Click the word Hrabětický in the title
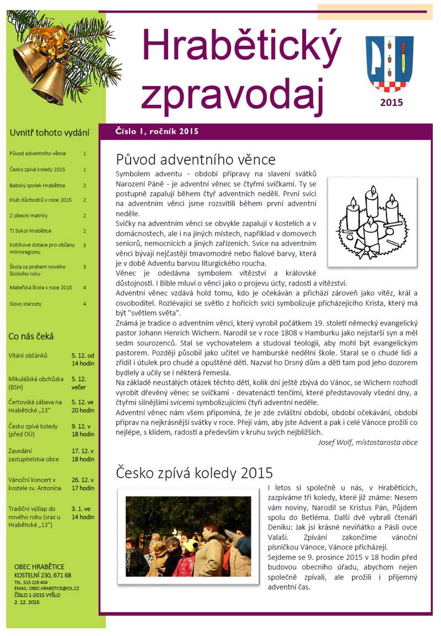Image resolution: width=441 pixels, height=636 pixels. (241, 45)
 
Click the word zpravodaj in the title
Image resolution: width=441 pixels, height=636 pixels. (232, 89)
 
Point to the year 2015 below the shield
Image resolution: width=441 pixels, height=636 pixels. (391, 103)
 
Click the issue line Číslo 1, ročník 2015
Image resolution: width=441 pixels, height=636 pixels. (157, 131)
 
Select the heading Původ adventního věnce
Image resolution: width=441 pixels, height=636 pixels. (196, 159)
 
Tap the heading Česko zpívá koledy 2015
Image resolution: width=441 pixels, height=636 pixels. (195, 472)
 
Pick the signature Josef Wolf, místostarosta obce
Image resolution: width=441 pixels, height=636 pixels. (368, 442)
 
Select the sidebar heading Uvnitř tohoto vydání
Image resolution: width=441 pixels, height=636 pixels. (49, 132)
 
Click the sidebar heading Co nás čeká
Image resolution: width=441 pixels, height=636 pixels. (31, 336)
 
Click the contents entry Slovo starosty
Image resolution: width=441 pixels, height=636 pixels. (25, 304)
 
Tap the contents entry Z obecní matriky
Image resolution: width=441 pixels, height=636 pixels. (29, 215)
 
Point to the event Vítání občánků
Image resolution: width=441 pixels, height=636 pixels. (28, 355)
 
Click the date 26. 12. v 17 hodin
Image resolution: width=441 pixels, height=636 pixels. (83, 484)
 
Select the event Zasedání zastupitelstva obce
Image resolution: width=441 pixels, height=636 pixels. (34, 455)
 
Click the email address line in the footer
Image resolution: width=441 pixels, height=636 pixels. (47, 589)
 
